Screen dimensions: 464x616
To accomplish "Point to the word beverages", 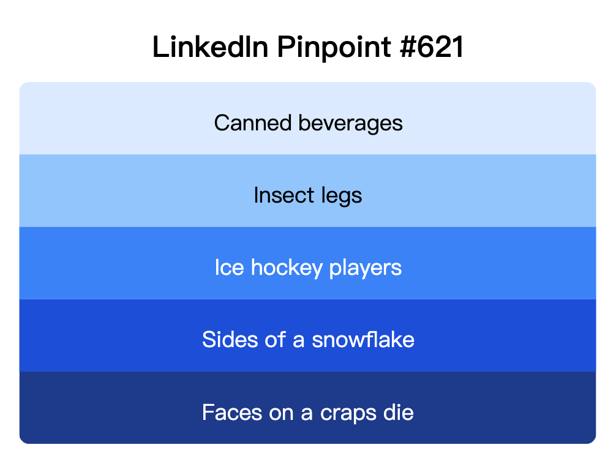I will click(350, 123).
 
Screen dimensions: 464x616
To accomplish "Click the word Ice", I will click(229, 268).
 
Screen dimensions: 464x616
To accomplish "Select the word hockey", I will click(287, 268).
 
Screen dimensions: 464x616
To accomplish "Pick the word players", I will click(366, 268).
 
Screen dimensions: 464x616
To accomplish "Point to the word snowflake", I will click(363, 340).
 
